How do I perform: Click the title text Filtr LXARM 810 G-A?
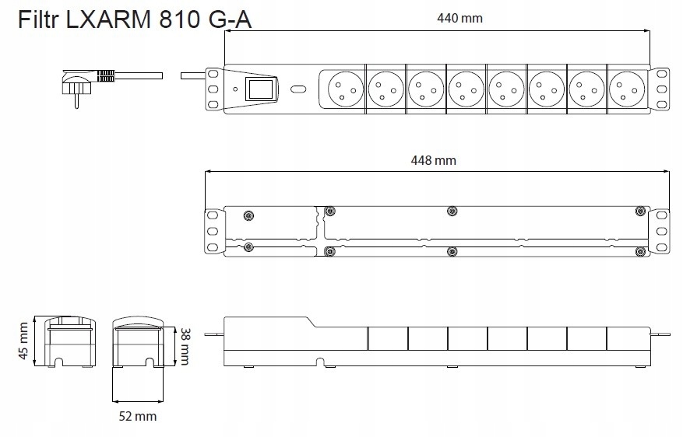pyautogui.click(x=135, y=19)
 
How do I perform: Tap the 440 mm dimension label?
pyautogui.click(x=459, y=18)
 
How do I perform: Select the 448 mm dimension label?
pyautogui.click(x=434, y=160)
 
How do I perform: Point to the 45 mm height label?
pyautogui.click(x=23, y=341)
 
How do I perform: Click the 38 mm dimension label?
pyautogui.click(x=185, y=346)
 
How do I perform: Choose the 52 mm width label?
pyautogui.click(x=138, y=416)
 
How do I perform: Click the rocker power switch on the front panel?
pyautogui.click(x=261, y=89)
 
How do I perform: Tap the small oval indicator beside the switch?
pyautogui.click(x=298, y=89)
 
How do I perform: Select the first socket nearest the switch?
pyautogui.click(x=346, y=89)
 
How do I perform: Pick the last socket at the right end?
pyautogui.click(x=627, y=89)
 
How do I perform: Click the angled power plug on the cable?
pyautogui.click(x=78, y=86)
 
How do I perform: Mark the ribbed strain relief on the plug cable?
pyautogui.click(x=105, y=75)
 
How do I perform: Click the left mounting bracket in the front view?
pyautogui.click(x=213, y=89)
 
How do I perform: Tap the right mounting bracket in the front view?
pyautogui.click(x=660, y=89)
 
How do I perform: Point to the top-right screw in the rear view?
pyautogui.click(x=640, y=212)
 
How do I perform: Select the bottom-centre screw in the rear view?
pyautogui.click(x=452, y=251)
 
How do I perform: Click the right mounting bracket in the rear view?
pyautogui.click(x=660, y=231)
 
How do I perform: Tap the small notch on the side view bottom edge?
pyautogui.click(x=320, y=362)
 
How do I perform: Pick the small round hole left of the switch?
pyautogui.click(x=236, y=89)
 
